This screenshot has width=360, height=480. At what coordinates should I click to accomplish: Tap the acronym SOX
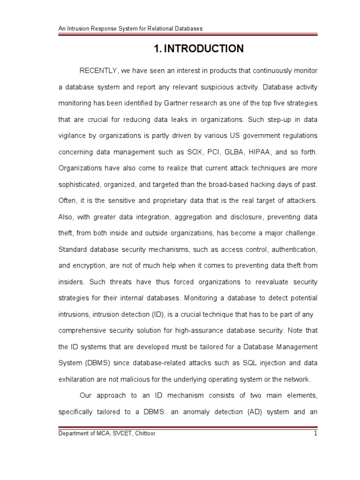187,152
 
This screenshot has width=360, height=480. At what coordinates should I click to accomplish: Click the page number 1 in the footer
316,434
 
